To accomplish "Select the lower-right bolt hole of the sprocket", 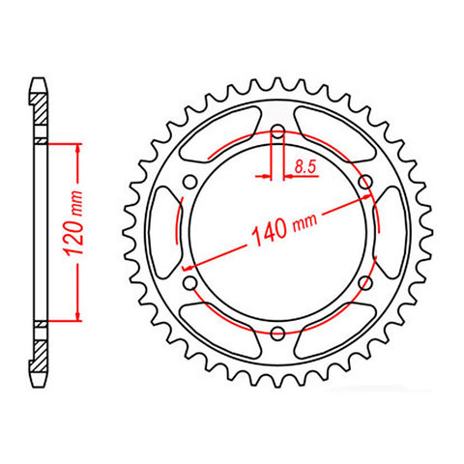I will pos(365,282).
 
